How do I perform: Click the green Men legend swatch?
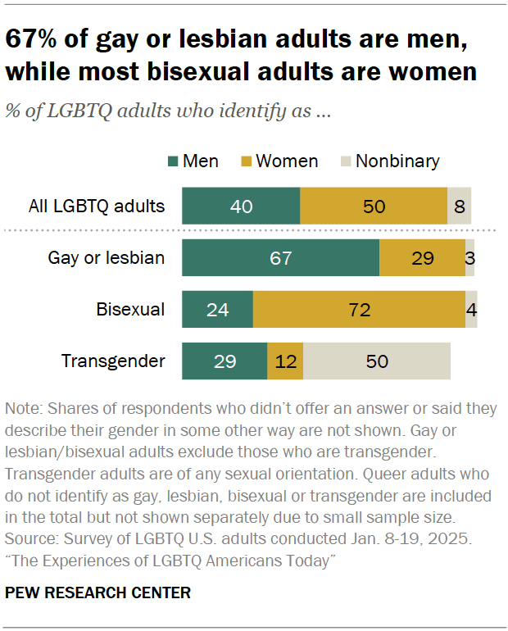171,161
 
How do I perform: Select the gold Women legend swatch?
246,161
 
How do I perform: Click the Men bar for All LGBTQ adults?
241,207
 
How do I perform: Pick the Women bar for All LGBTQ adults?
374,207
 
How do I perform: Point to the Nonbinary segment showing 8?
459,207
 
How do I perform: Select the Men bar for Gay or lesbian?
280,258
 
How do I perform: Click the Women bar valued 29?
422,258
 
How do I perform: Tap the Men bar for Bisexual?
217,310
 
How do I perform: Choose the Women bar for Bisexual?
359,310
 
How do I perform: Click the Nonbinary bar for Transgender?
377,361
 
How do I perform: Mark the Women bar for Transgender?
285,361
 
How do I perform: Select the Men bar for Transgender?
225,361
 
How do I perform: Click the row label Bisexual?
130,310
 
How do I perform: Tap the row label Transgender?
113,361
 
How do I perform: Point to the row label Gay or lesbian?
107,258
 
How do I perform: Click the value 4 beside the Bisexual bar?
472,311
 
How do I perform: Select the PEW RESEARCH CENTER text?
98,592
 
